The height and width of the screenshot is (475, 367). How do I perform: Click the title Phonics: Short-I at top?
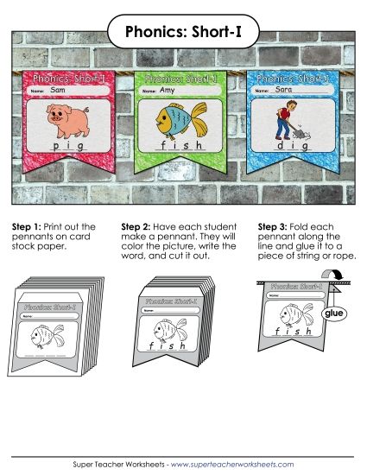coord(183,33)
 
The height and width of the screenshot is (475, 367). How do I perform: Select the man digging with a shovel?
coord(284,120)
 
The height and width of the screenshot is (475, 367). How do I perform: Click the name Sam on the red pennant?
coord(59,90)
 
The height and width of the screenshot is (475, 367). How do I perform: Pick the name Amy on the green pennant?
coord(170,90)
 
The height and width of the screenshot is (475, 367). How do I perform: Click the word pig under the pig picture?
coord(67,146)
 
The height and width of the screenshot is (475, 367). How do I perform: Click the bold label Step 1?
coord(26,226)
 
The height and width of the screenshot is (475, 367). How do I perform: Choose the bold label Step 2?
coord(137,226)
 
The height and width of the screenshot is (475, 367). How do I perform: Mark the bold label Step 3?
coord(274,226)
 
